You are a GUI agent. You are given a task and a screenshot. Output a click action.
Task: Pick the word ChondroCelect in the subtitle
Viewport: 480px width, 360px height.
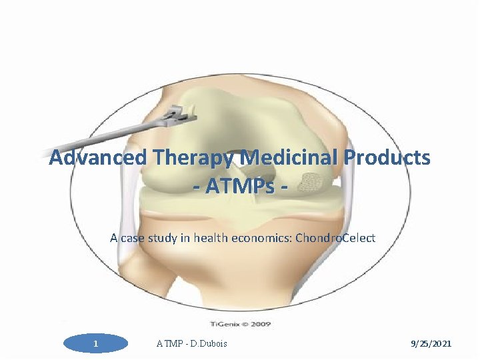tap(335, 237)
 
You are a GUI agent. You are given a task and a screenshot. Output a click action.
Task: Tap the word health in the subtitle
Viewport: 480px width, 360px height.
tap(211, 237)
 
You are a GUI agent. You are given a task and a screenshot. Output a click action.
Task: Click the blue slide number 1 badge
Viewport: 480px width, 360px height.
tap(96, 343)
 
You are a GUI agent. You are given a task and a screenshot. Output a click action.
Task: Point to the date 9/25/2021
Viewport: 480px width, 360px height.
tap(430, 343)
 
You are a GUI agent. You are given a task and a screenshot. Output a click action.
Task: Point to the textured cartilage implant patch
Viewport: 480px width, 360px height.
tap(310, 181)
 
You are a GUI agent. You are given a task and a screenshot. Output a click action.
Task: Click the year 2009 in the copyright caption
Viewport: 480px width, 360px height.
tap(262, 325)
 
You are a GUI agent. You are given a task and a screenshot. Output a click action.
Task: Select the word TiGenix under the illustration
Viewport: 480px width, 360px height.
tap(224, 325)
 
